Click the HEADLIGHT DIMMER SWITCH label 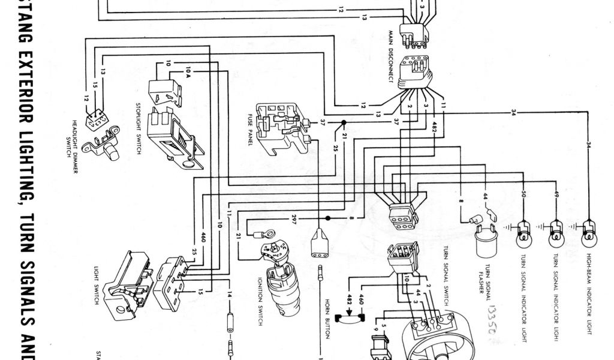(x=71, y=138)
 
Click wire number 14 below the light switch (x=230, y=295)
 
